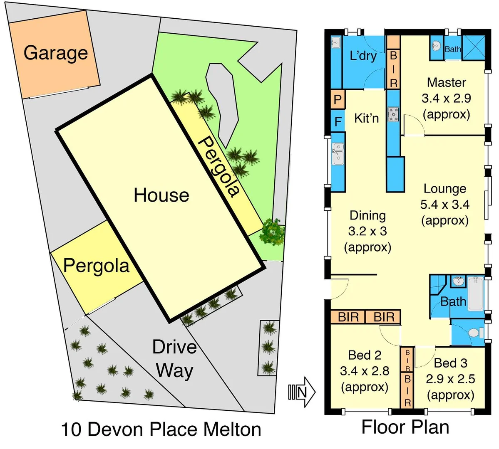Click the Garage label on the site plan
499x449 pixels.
pyautogui.click(x=55, y=53)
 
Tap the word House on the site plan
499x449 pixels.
pyautogui.click(x=161, y=195)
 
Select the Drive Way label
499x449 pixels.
pyautogui.click(x=174, y=358)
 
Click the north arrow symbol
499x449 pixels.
pyautogui.click(x=302, y=392)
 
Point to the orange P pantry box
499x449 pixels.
pyautogui.click(x=338, y=100)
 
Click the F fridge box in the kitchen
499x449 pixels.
pyautogui.click(x=338, y=122)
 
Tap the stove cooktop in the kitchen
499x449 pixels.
pyautogui.click(x=393, y=114)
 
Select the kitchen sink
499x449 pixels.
pyautogui.click(x=338, y=153)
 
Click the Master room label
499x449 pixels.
pyautogui.click(x=446, y=82)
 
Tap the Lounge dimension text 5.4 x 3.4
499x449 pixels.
pyautogui.click(x=445, y=204)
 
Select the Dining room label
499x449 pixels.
pyautogui.click(x=367, y=215)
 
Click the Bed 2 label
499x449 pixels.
pyautogui.click(x=365, y=355)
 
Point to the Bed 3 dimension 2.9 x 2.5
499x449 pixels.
pyautogui.click(x=450, y=379)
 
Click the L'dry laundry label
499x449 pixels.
pyautogui.click(x=363, y=56)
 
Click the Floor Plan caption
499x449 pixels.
pyautogui.click(x=405, y=427)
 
